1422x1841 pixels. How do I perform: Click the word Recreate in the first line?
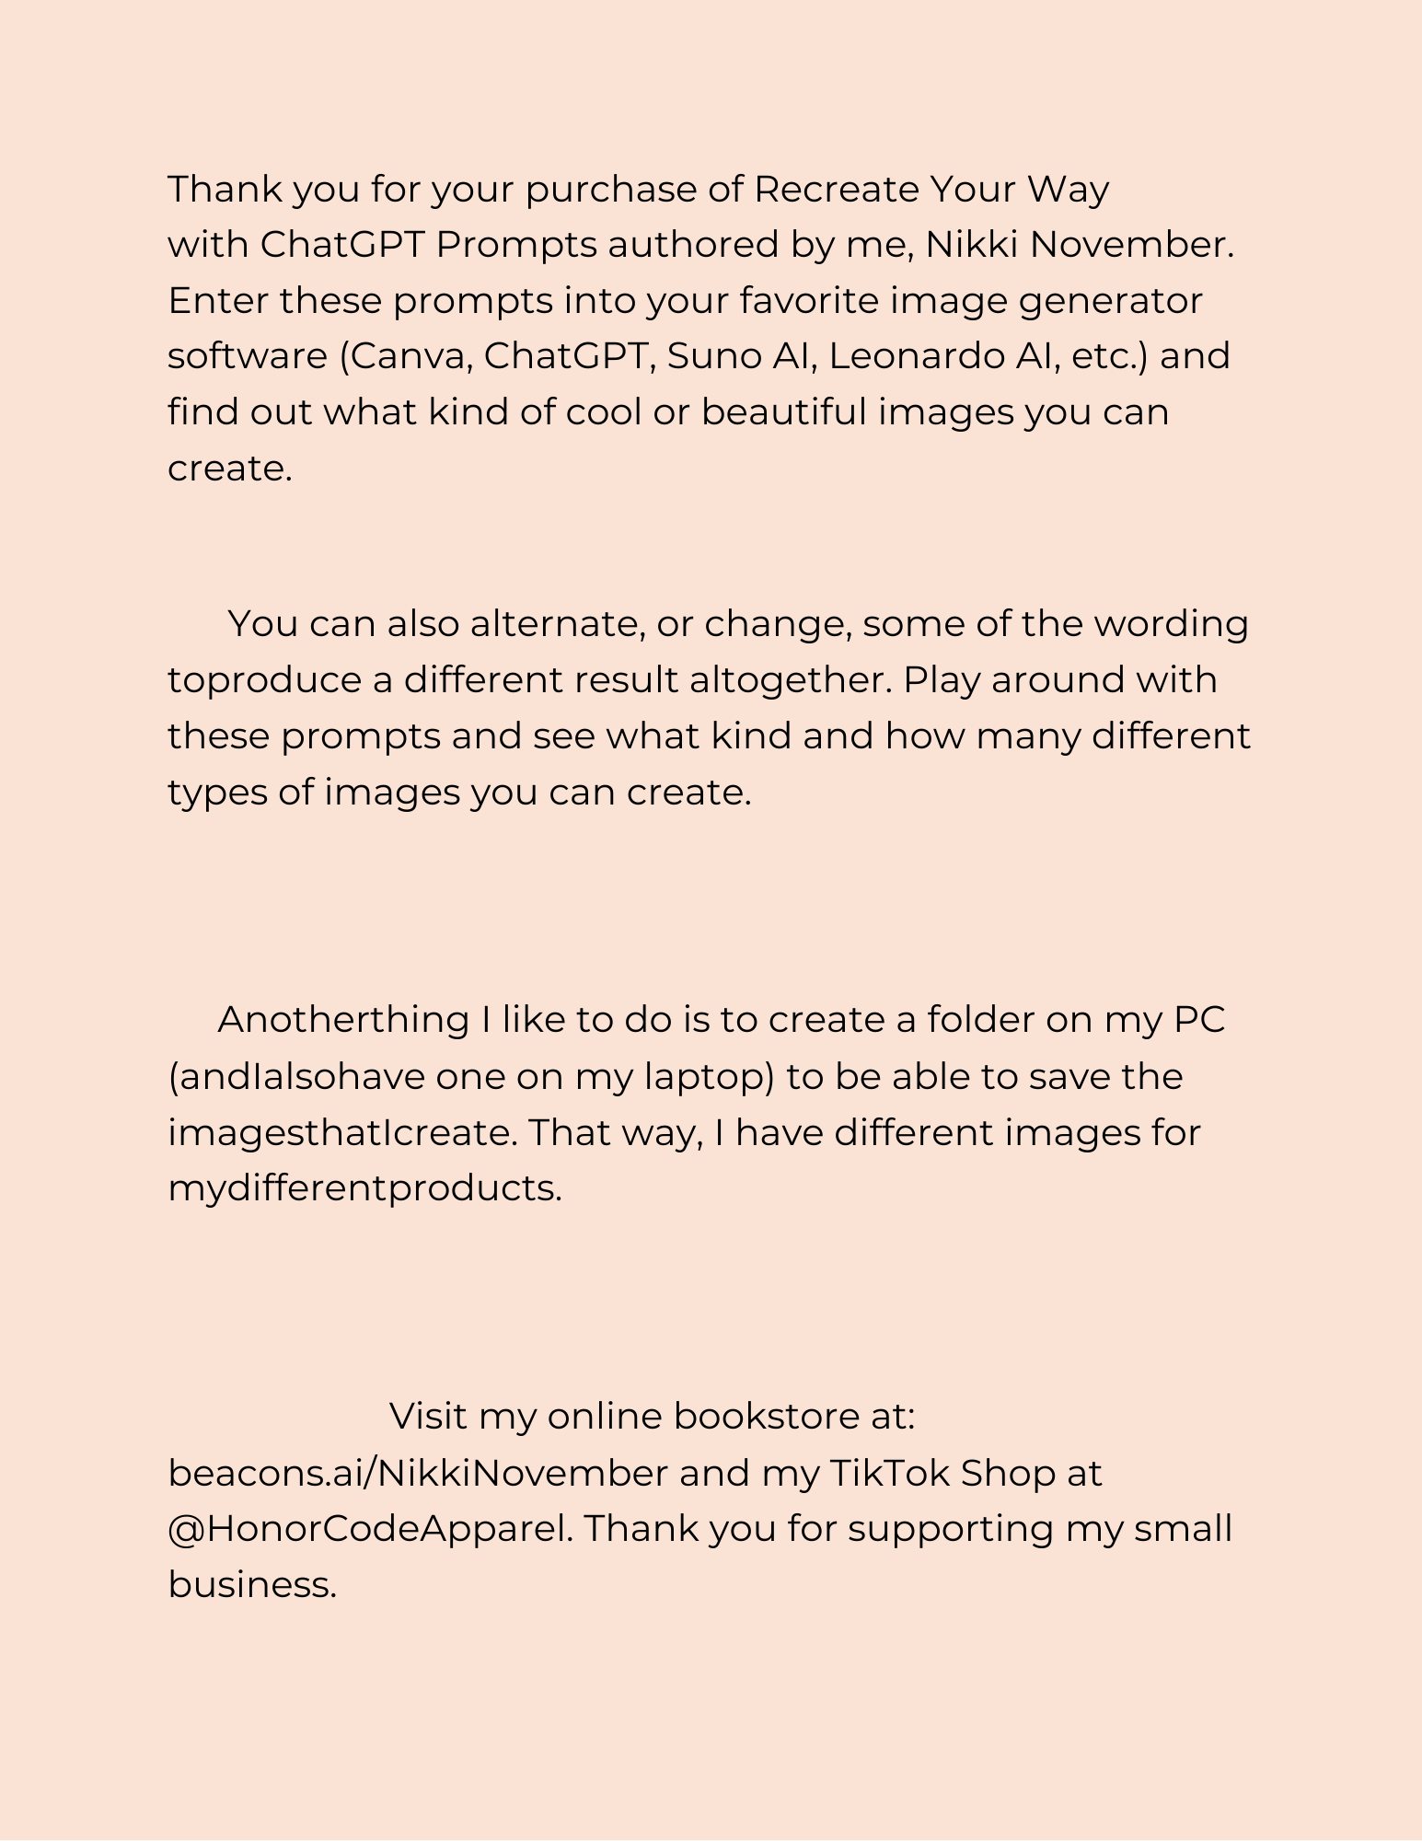pyautogui.click(x=836, y=190)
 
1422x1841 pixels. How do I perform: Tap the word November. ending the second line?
pyautogui.click(x=1132, y=245)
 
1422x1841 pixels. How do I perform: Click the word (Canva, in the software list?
pyautogui.click(x=406, y=356)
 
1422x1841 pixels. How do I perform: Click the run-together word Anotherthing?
pyautogui.click(x=343, y=1020)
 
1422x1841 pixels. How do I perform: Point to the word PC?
pyautogui.click(x=1199, y=1020)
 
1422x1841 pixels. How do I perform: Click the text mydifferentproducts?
pyautogui.click(x=364, y=1189)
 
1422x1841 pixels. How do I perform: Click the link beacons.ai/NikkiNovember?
pyautogui.click(x=418, y=1474)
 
